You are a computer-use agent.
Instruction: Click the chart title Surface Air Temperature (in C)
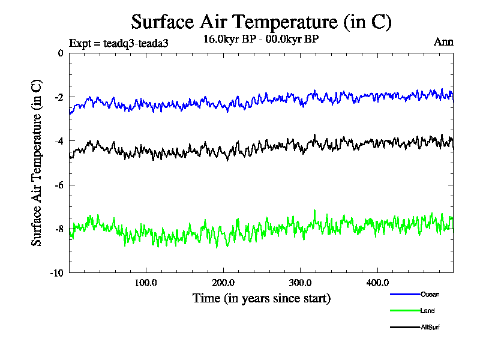tap(261, 22)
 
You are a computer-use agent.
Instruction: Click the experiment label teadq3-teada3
tap(119, 43)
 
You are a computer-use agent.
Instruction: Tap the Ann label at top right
tap(443, 42)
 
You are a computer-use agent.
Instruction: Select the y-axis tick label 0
tap(60, 53)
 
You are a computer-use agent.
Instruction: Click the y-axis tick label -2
tap(58, 97)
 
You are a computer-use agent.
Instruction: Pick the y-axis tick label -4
tap(58, 141)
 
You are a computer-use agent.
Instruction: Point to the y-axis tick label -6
tap(58, 185)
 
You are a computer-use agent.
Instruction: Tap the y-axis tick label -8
tap(58, 229)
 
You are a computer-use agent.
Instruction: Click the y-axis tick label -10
tap(56, 272)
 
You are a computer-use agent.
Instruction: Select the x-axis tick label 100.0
tap(146, 283)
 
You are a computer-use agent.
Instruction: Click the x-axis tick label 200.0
tap(223, 283)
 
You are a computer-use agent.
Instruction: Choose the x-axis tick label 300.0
tap(299, 283)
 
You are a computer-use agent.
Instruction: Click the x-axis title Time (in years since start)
tap(261, 298)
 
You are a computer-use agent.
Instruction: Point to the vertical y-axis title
tap(37, 163)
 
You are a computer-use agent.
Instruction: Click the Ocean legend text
tap(430, 294)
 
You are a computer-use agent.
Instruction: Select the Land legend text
tap(428, 311)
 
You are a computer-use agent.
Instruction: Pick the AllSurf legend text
tap(431, 327)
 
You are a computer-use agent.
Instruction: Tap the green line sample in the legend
tap(404, 311)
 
